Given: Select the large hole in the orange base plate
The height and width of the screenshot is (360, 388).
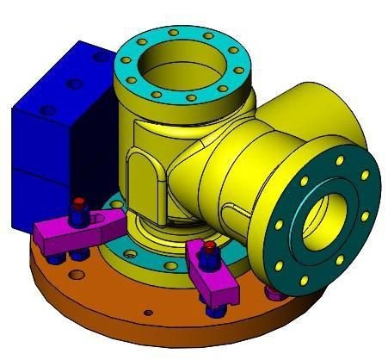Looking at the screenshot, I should [x=77, y=275].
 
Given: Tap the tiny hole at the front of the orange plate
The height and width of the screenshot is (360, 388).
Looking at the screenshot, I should [x=148, y=312].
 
